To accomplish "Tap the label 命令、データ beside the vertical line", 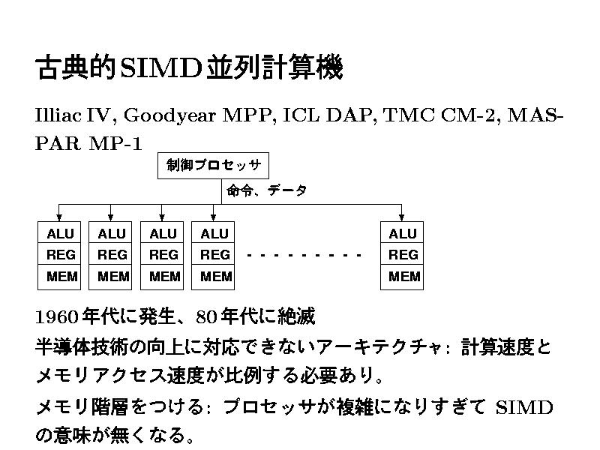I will coord(266,190).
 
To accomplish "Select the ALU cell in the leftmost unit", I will coord(61,234).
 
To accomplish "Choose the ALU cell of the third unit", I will coord(163,234).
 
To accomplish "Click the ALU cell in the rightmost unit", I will coord(402,234).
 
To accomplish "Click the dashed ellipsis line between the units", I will coord(304,256).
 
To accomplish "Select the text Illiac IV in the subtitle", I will coord(72,115).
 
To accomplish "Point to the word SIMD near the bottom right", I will coord(525,408).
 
